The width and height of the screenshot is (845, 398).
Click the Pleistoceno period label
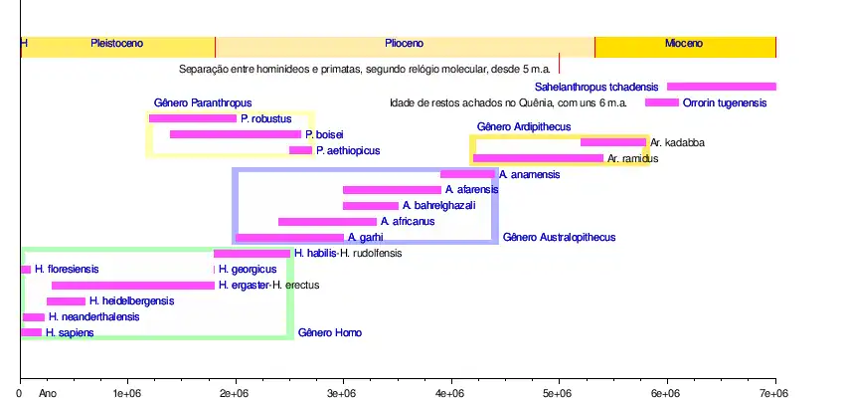pos(117,44)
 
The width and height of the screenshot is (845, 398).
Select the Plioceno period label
pos(405,44)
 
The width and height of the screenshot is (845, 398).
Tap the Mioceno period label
pos(684,44)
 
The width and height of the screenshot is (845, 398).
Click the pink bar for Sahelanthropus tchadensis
pos(721,87)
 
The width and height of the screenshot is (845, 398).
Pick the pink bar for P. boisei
pos(236,134)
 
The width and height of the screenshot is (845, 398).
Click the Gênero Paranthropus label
pos(203,102)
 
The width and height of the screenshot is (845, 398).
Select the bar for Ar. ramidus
pos(538,158)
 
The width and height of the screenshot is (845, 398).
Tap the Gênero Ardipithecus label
pos(524,126)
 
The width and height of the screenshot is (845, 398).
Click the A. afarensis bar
pos(392,190)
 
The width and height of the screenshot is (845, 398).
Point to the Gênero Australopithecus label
pos(559,238)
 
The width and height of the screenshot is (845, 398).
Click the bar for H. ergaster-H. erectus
pos(133,286)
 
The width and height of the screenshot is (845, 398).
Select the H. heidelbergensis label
pos(131,301)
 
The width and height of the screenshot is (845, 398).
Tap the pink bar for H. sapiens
pos(31,332)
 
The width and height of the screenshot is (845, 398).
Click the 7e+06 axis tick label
pos(774,394)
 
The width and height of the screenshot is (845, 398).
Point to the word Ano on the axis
pos(48,394)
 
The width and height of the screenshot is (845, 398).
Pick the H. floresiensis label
pos(67,270)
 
